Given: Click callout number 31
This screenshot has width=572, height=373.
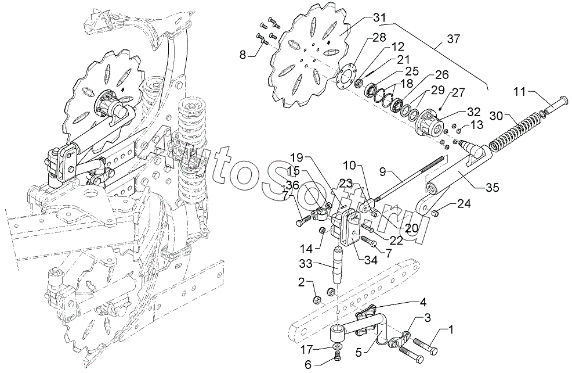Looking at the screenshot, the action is (381, 17).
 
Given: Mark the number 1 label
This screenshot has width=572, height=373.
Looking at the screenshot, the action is (451, 331).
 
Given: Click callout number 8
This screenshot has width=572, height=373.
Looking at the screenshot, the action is (243, 55).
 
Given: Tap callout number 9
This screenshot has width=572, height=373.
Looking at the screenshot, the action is (382, 171).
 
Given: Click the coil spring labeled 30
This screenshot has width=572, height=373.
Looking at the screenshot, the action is (513, 132).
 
